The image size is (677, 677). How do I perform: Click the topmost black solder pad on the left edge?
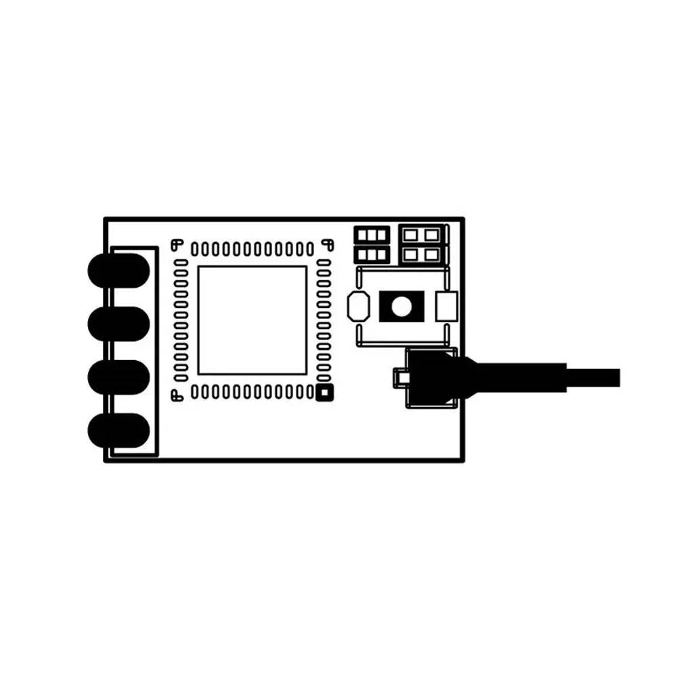click(x=118, y=270)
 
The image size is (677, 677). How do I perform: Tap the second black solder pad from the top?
click(x=118, y=323)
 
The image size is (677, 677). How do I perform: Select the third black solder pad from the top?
click(x=118, y=376)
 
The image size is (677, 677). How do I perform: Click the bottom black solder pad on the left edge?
click(x=118, y=430)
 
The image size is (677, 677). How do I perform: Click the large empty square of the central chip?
click(x=252, y=320)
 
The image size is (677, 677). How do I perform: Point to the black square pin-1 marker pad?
click(x=325, y=391)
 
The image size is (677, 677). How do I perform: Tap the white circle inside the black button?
click(x=401, y=307)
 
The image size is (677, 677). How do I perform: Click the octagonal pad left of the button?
click(x=357, y=307)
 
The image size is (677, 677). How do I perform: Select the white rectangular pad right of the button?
click(x=447, y=307)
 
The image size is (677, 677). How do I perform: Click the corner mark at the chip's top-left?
click(x=177, y=242)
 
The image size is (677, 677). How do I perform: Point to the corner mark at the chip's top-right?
click(x=326, y=242)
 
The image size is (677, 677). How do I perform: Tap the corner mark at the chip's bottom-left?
click(x=177, y=395)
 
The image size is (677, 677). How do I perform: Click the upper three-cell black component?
click(x=372, y=235)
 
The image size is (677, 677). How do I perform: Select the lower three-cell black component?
click(x=372, y=255)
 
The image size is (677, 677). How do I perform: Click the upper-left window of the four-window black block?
click(x=411, y=235)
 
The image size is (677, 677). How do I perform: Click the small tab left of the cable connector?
click(x=400, y=376)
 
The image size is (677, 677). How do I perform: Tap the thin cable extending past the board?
click(x=596, y=377)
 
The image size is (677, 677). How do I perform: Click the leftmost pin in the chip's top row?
click(x=194, y=248)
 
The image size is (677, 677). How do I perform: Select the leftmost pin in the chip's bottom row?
click(x=194, y=391)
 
